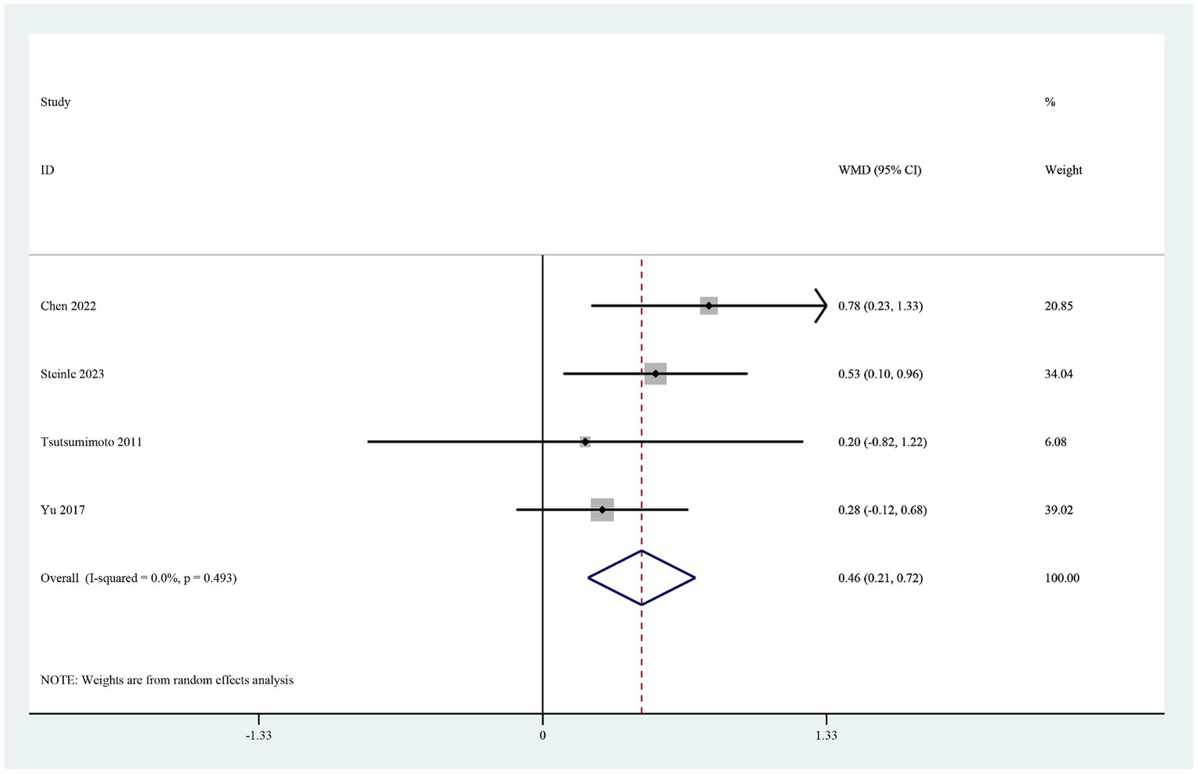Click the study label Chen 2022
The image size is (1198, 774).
pyautogui.click(x=69, y=306)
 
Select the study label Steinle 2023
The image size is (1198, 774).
pyautogui.click(x=73, y=374)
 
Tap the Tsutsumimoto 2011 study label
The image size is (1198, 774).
pyautogui.click(x=91, y=442)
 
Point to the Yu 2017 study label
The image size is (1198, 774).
pyautogui.click(x=63, y=509)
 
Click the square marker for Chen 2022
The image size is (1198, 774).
pyautogui.click(x=709, y=306)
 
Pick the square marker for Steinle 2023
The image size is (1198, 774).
pyautogui.click(x=656, y=374)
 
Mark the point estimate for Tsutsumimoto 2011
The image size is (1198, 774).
pyautogui.click(x=585, y=442)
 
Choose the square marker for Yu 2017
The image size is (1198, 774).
pyautogui.click(x=603, y=509)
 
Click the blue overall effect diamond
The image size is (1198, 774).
pyautogui.click(x=642, y=577)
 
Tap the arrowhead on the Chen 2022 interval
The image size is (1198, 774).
pyautogui.click(x=822, y=306)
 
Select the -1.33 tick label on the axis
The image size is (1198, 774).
pyautogui.click(x=258, y=735)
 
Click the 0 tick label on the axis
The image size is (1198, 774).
pyautogui.click(x=542, y=735)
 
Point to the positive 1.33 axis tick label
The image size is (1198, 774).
pyautogui.click(x=827, y=735)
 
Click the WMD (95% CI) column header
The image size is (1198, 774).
pyautogui.click(x=880, y=170)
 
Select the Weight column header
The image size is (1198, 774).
pyautogui.click(x=1064, y=170)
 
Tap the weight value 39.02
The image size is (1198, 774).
pyautogui.click(x=1059, y=509)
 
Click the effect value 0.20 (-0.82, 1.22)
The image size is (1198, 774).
pyautogui.click(x=883, y=442)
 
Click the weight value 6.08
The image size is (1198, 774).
pyautogui.click(x=1056, y=442)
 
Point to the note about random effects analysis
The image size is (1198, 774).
pyautogui.click(x=167, y=680)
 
